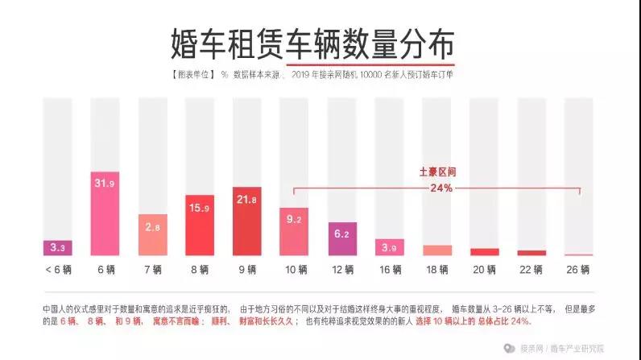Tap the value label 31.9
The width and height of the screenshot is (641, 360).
[104, 183]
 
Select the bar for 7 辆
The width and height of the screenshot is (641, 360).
[151, 234]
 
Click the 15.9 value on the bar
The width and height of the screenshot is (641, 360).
[199, 208]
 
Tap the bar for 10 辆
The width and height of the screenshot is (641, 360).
[294, 231]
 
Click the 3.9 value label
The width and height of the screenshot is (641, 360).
[389, 246]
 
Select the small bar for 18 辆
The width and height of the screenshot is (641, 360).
[436, 250]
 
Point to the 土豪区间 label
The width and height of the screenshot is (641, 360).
[436, 172]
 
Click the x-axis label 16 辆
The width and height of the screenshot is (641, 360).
[389, 268]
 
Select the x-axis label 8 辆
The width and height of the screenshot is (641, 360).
[199, 268]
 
